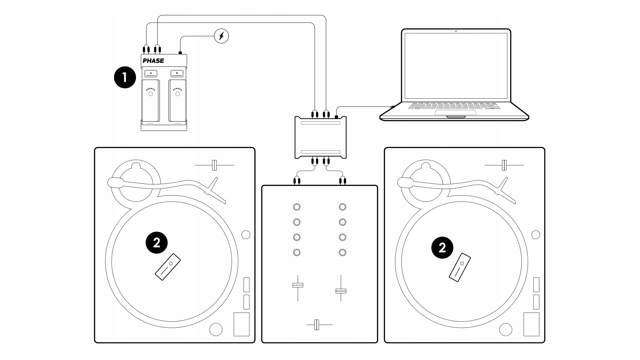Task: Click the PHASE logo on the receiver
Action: pos(153,61)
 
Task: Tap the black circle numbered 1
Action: pos(125,78)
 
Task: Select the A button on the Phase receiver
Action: pos(151,73)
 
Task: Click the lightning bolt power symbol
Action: pos(221,36)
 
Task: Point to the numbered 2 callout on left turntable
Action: pos(157,243)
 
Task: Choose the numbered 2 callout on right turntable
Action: pos(442,248)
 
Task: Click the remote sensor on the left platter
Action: pos(168,267)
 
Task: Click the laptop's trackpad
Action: pos(455,112)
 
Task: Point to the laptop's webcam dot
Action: pos(456,31)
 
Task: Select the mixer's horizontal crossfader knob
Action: pos(317,325)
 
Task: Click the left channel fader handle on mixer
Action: pos(298,285)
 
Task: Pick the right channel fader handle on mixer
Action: pos(341,291)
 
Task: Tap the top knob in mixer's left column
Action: pos(297,207)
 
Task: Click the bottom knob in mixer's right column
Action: pos(342,252)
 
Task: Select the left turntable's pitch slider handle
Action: pos(214,165)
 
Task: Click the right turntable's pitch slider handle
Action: pos(504,165)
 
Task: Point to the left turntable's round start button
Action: pos(216,329)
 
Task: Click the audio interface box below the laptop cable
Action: pos(320,137)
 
